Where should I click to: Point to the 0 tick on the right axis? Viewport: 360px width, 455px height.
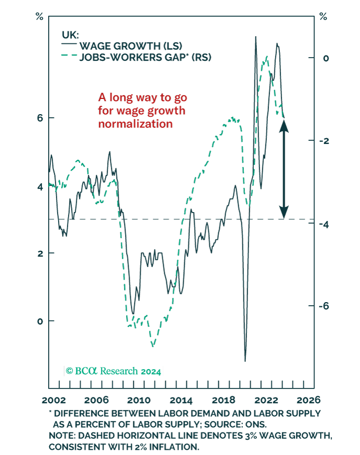coord(326,58)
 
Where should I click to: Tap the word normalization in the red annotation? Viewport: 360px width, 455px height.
coord(135,124)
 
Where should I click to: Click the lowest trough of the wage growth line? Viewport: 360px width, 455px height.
coord(245,361)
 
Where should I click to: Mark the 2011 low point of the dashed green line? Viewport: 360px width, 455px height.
coord(152,346)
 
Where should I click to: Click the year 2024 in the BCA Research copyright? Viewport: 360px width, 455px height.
coord(150,371)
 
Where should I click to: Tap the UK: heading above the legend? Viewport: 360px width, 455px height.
coord(70,35)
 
